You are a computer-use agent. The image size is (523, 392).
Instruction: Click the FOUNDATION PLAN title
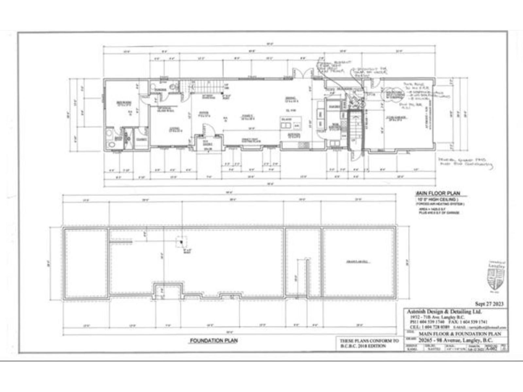214,341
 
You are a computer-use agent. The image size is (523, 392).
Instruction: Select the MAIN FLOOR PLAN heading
437,193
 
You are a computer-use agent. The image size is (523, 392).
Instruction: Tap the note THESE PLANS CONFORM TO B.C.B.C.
369,343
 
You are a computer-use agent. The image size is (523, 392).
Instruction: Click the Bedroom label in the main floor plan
125,104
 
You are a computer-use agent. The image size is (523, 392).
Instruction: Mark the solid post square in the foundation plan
181,242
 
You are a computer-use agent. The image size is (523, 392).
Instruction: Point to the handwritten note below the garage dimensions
466,162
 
